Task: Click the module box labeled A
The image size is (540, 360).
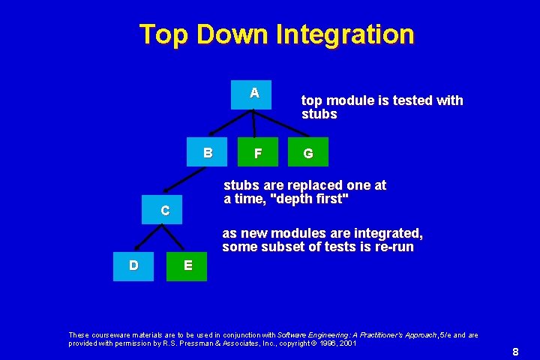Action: pos(251,94)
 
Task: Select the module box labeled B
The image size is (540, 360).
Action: pos(207,152)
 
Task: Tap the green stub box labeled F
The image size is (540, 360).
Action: pos(258,152)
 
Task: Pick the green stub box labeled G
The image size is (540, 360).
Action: pos(307,152)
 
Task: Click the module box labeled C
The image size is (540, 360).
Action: pos(164,210)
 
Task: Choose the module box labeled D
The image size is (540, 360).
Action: pos(133,265)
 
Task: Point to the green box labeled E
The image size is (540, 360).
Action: pos(186,265)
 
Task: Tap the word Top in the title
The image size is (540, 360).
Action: pos(163,34)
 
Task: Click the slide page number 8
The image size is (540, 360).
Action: pos(515,352)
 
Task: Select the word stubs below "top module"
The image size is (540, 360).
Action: pos(319,115)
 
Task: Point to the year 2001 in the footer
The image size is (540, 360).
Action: pos(348,343)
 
